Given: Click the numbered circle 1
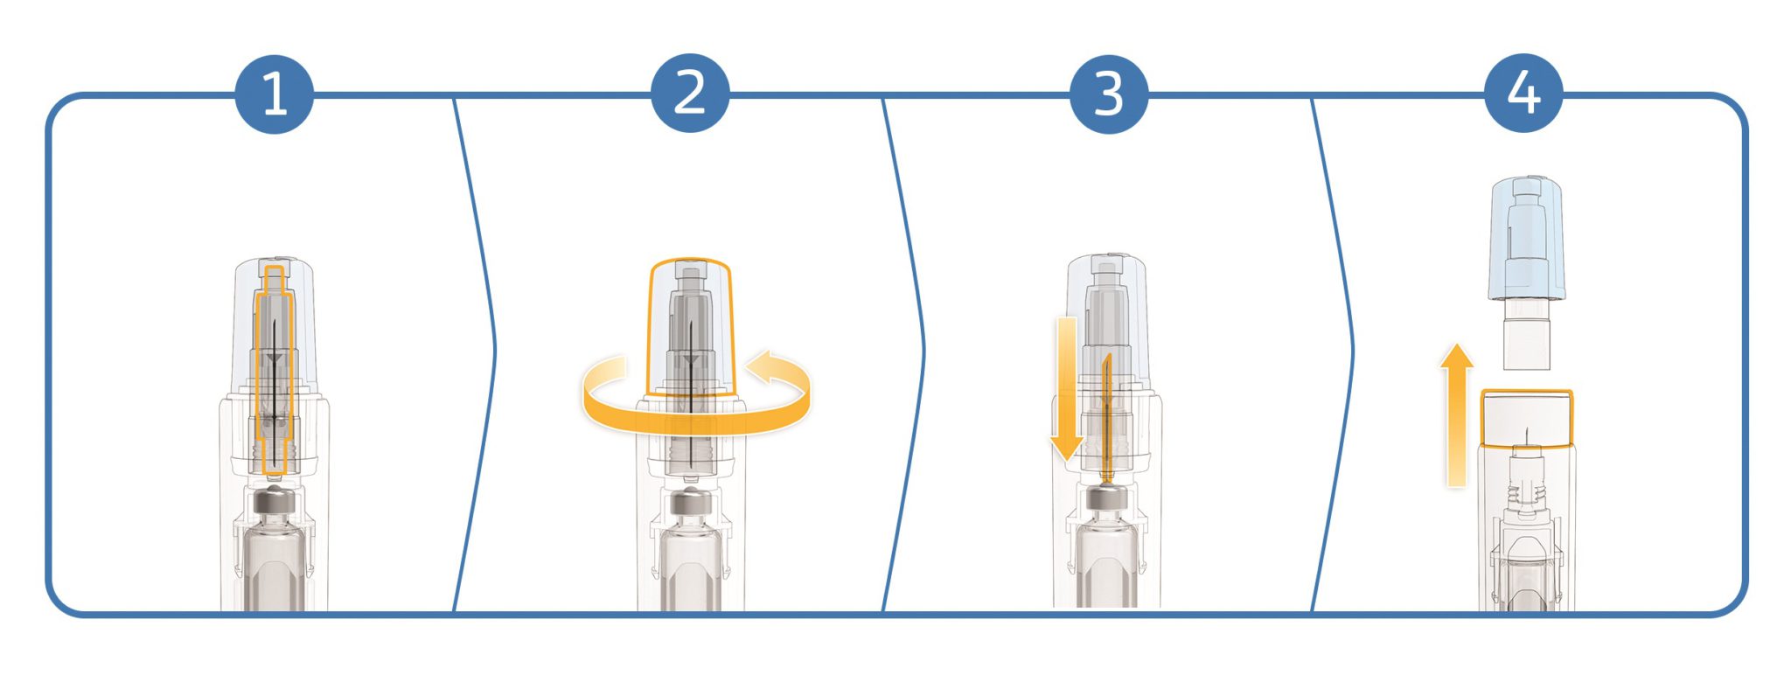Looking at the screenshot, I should point(275,94).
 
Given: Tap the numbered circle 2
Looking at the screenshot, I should point(690,94).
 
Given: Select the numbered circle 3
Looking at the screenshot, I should point(1109,94).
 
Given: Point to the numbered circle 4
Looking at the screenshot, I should point(1524,94).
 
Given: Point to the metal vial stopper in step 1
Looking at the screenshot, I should point(275,505).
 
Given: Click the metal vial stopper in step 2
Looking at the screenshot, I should point(691,505).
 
